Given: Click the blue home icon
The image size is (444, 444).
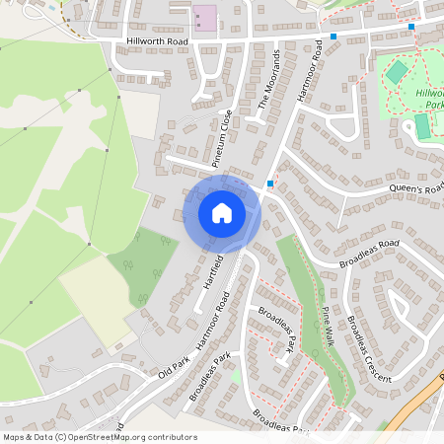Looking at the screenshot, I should (222, 212).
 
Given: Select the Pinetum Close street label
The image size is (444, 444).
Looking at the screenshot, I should (225, 132).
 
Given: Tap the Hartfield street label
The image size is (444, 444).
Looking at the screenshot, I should (212, 270).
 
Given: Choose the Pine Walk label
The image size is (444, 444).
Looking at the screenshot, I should (327, 325).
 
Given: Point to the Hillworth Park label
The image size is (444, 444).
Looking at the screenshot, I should (430, 97).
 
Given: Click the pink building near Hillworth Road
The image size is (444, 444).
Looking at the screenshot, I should (204, 18).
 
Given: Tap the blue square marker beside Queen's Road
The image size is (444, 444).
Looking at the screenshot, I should (269, 184).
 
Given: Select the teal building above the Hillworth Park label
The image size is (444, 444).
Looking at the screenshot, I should (396, 72).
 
